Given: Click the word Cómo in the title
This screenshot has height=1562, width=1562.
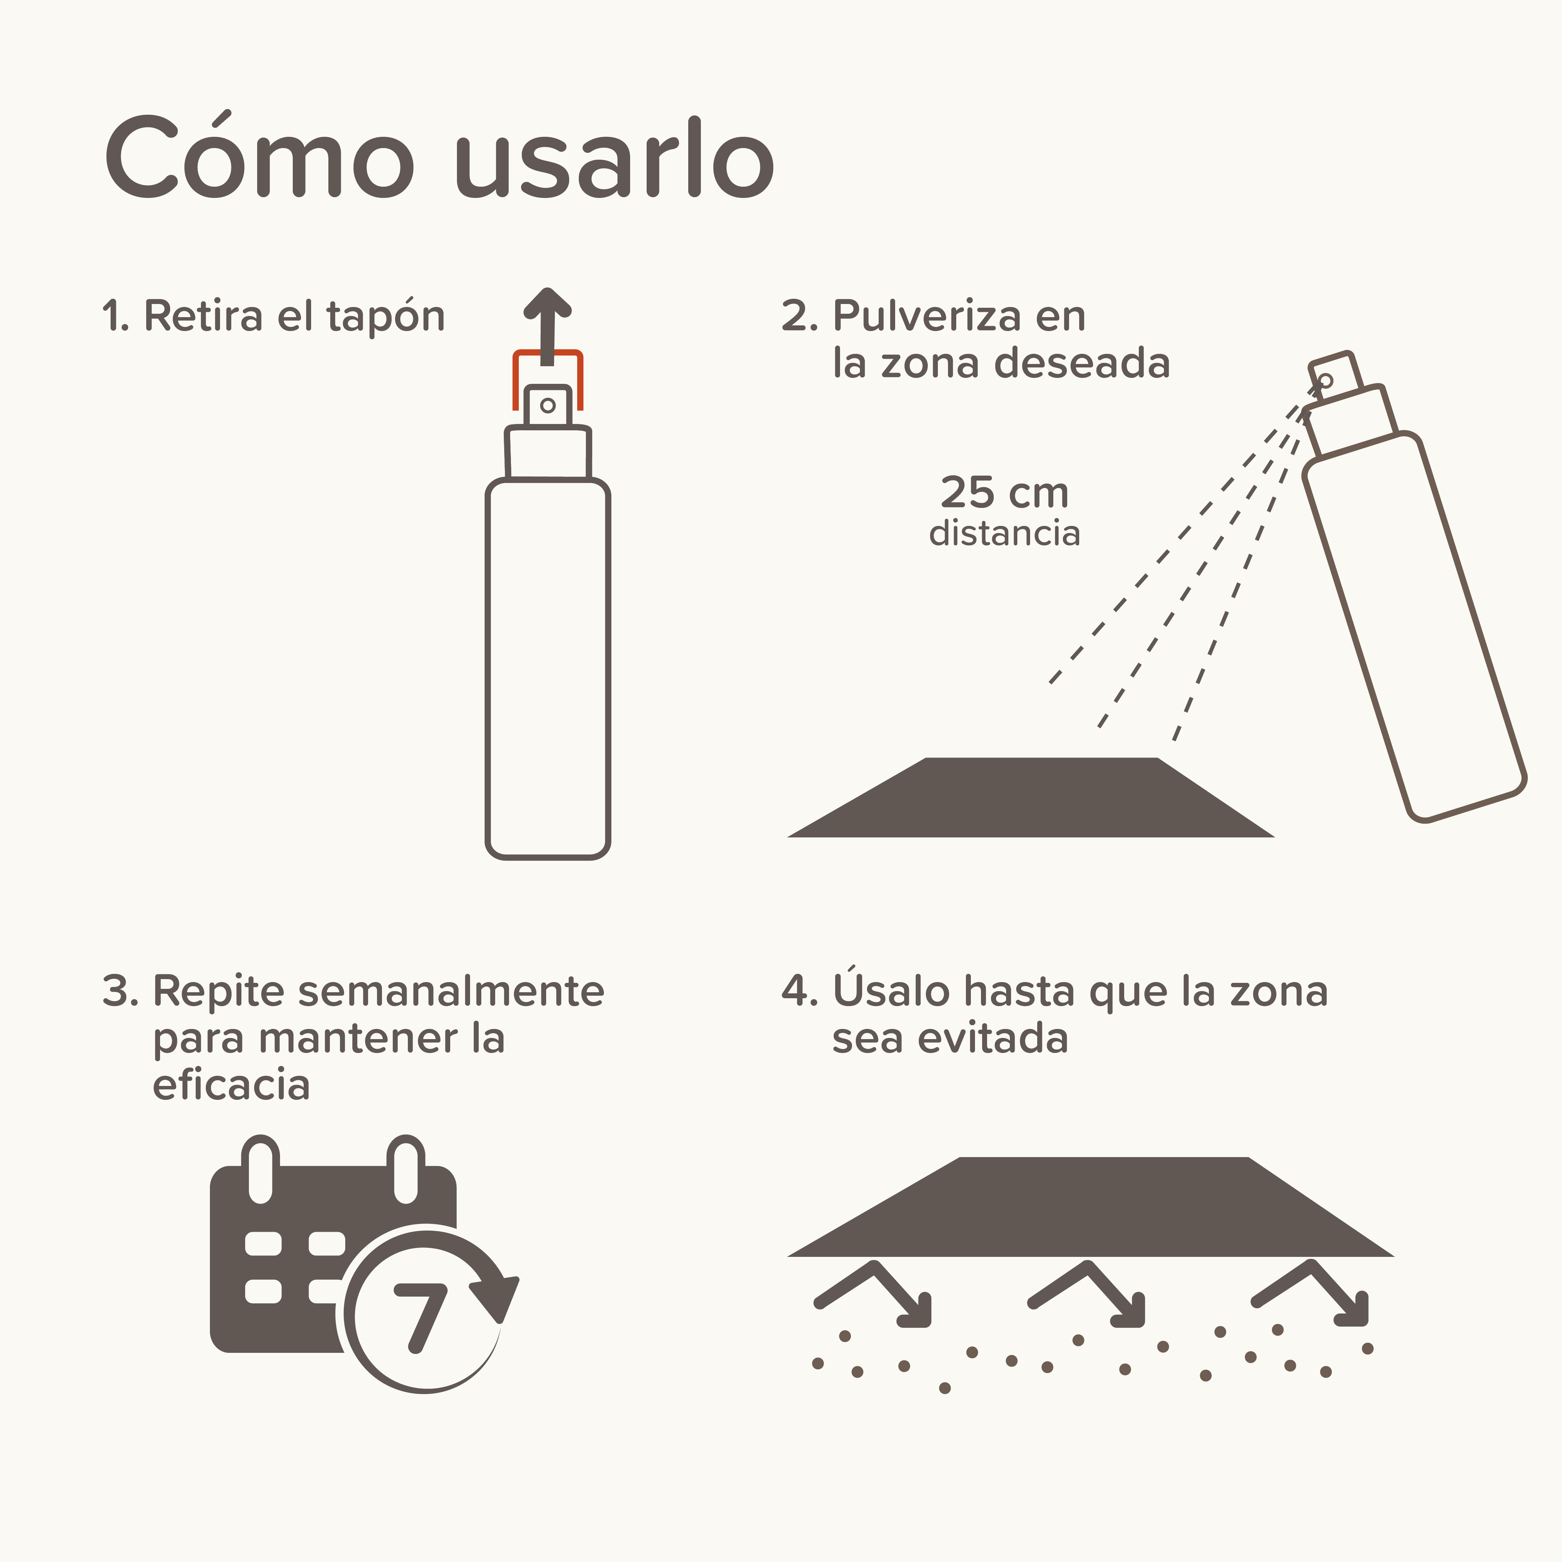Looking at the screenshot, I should [259, 158].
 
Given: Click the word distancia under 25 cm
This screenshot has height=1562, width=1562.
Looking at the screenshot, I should [1004, 534].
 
